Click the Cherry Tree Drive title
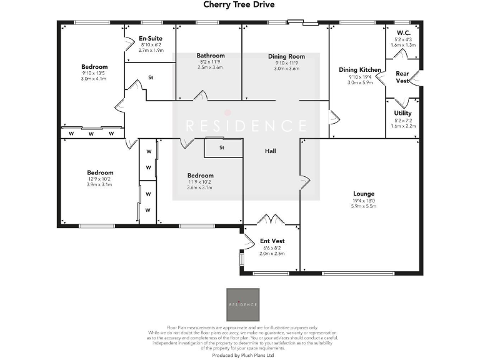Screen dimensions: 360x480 [x=239, y=5]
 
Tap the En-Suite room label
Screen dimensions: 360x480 [x=150, y=39]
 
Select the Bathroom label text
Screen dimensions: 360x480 [x=210, y=56]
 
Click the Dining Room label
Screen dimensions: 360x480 [x=286, y=56]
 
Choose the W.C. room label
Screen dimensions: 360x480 [x=403, y=32]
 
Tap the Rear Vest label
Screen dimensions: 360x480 [x=402, y=77]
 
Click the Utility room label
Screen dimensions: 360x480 [x=402, y=113]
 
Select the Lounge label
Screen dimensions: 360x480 [x=364, y=194]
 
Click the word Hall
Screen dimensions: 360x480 [x=270, y=151]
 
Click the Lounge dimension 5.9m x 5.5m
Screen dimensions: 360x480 [x=364, y=206]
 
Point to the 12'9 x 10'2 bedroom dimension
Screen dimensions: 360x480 [x=100, y=179]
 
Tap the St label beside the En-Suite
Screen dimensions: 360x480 [x=151, y=78]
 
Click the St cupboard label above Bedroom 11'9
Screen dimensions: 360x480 [x=221, y=148]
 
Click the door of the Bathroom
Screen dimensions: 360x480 [x=201, y=96]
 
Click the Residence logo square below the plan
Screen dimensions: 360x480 [x=242, y=304]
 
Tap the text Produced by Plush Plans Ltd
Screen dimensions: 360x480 [x=240, y=355]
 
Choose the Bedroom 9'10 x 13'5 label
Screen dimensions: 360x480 [x=94, y=67]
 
